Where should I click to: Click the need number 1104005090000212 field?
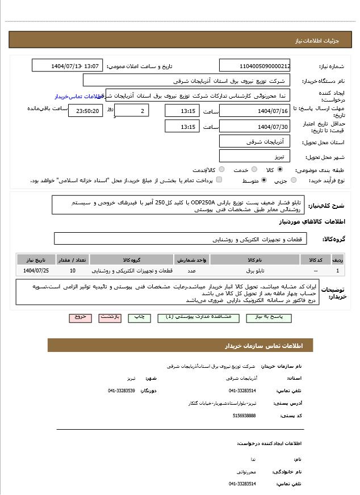tap(254, 66)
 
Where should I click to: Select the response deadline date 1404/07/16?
tap(254, 111)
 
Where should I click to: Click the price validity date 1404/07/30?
tap(254, 127)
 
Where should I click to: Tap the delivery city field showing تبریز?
tap(254, 156)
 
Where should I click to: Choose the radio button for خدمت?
tap(254, 170)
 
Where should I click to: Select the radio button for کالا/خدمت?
tap(221, 170)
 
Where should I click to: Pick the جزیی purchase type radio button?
tap(294, 181)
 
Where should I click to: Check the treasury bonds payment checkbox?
tap(219, 180)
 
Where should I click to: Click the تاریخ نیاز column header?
tap(36, 259)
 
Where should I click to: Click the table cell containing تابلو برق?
tap(256, 271)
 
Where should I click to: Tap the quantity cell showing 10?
tap(73, 271)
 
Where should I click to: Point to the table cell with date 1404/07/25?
tap(36, 271)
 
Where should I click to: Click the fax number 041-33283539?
tap(122, 391)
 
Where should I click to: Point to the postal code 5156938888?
tap(244, 416)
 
